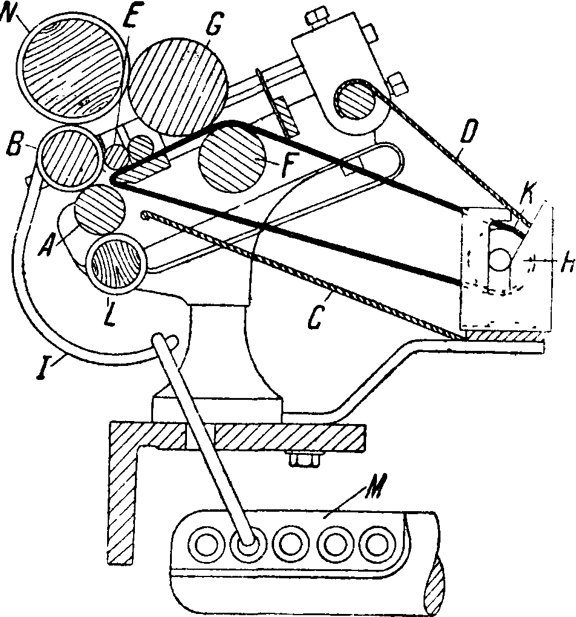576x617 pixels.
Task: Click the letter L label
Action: click(x=109, y=313)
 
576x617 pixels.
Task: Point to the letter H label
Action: click(x=568, y=263)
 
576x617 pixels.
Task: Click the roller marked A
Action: click(x=100, y=209)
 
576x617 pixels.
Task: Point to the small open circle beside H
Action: click(x=500, y=259)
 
